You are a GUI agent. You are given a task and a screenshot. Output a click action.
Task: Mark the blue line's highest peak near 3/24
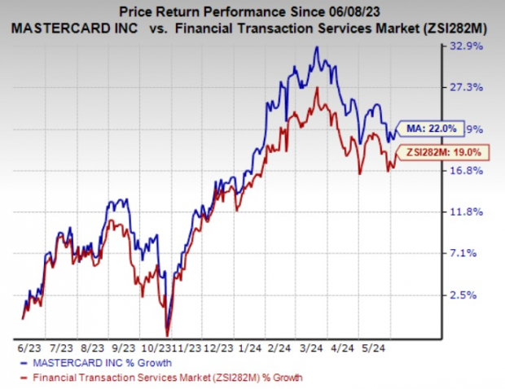317,47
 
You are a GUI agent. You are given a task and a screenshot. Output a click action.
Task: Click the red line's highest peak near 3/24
317,88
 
